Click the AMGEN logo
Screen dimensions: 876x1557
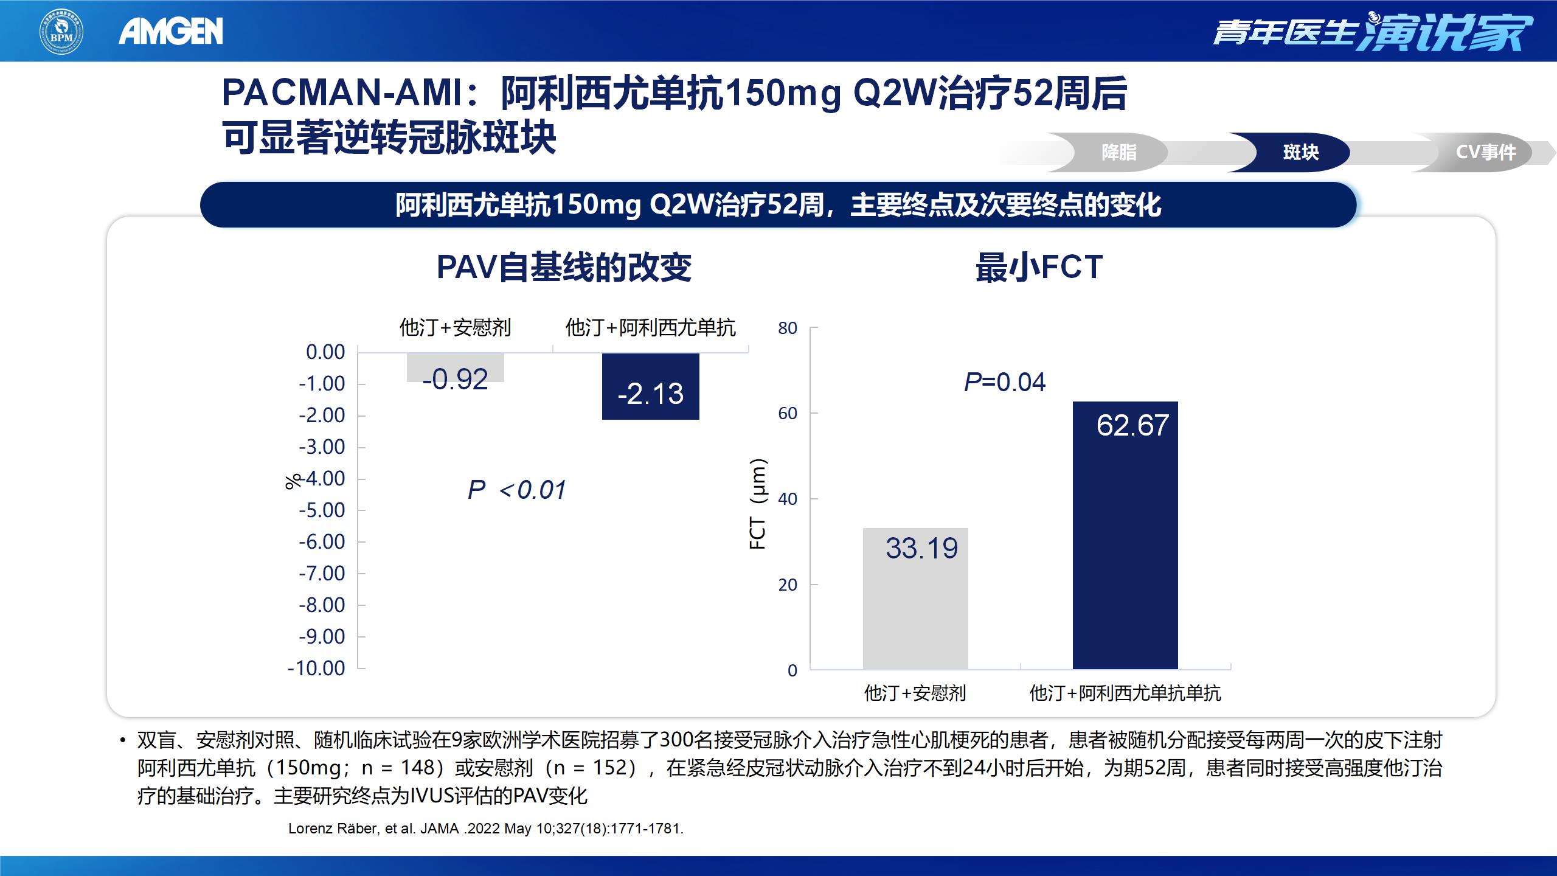tap(171, 31)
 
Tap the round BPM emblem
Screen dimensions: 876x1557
tap(61, 31)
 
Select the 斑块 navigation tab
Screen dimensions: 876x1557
tap(1300, 152)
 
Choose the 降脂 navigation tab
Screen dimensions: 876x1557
tap(1118, 152)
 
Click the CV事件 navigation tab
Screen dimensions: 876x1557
tap(1485, 152)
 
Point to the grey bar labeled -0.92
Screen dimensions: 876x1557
tap(455, 368)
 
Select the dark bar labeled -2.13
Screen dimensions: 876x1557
tap(650, 387)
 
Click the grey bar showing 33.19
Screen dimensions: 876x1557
tap(915, 599)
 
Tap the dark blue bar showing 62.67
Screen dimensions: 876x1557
tap(1125, 535)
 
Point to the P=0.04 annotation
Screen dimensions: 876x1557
tap(1005, 382)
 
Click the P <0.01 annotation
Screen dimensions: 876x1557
tap(517, 490)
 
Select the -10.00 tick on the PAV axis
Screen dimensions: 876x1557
tap(316, 668)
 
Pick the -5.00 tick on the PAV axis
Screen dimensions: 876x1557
tap(322, 510)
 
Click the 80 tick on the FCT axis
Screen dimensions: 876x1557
tap(788, 328)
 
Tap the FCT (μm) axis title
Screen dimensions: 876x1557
tap(758, 504)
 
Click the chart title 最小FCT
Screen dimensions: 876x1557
tap(1039, 267)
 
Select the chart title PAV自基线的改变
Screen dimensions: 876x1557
tap(564, 267)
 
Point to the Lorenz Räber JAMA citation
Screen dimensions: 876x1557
tap(485, 829)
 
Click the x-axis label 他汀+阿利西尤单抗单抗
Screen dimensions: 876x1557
tap(1125, 693)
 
